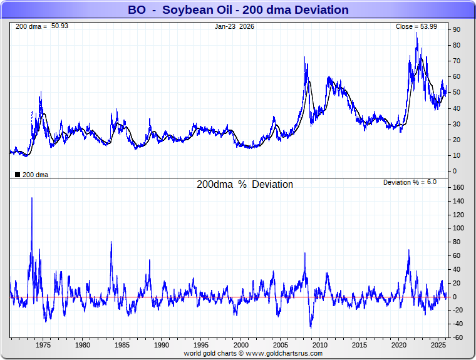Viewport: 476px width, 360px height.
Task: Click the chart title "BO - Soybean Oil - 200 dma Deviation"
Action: tap(238, 10)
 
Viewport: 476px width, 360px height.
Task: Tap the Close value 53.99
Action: tap(433, 26)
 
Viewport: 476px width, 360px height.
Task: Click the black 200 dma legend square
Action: tap(17, 175)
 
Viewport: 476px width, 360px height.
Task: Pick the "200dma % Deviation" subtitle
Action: tap(245, 185)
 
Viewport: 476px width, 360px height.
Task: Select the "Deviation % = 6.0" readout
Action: tap(410, 182)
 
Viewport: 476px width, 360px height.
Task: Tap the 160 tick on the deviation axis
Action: tap(458, 187)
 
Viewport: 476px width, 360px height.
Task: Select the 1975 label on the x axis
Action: tap(43, 345)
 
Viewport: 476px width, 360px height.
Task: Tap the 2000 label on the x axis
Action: tap(241, 345)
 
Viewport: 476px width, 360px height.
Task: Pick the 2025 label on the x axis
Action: tap(438, 345)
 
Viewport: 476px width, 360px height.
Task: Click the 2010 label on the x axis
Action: tap(320, 345)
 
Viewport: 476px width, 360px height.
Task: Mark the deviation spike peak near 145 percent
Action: tap(32, 198)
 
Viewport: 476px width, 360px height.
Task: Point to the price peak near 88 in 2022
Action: tap(417, 33)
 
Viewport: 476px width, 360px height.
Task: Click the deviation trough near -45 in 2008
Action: tap(311, 327)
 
